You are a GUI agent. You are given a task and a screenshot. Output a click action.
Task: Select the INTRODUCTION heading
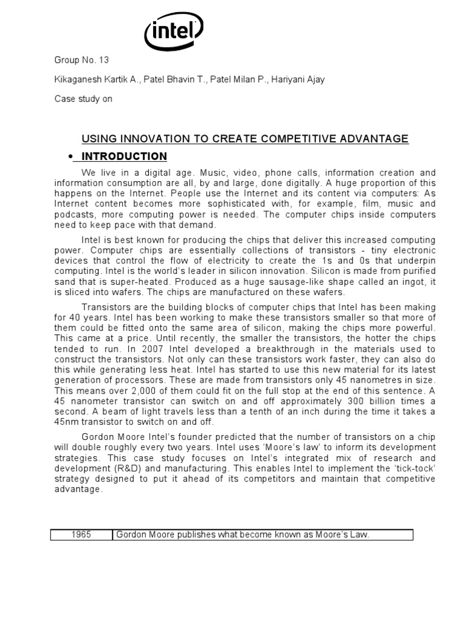coord(124,157)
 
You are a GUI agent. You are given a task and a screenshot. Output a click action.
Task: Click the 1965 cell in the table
coord(81,535)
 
